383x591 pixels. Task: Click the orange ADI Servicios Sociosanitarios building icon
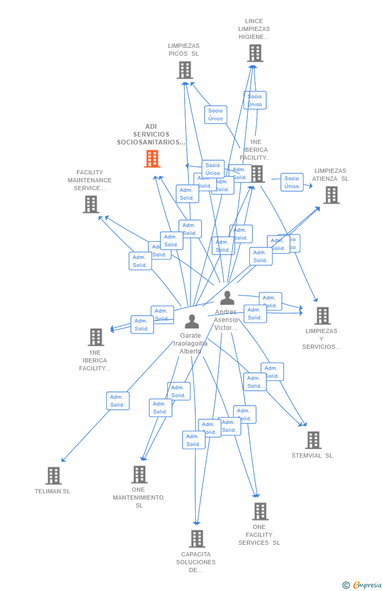(x=152, y=159)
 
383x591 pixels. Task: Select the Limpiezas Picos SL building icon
(x=185, y=70)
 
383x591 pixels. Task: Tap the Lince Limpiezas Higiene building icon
(x=255, y=53)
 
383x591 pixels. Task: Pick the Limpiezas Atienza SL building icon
(x=331, y=195)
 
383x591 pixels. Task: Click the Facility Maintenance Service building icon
(x=91, y=204)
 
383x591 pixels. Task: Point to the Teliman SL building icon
(x=54, y=475)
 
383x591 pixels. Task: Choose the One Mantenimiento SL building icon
(x=139, y=474)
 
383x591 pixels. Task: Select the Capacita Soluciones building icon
(x=197, y=538)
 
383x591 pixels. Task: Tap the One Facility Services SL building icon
(x=260, y=511)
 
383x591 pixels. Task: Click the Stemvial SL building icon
(x=313, y=440)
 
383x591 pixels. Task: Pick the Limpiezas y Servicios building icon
(x=322, y=316)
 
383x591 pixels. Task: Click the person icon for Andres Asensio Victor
(x=227, y=298)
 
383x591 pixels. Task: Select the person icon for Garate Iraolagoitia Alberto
(x=192, y=322)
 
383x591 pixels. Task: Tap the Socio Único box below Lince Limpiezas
(x=255, y=100)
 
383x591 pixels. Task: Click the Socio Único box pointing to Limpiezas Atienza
(x=292, y=182)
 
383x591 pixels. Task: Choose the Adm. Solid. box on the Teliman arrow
(x=118, y=401)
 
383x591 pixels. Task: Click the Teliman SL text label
(x=53, y=491)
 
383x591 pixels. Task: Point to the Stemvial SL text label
(x=312, y=455)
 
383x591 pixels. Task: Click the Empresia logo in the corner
(x=363, y=585)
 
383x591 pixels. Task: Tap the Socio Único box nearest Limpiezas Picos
(x=216, y=115)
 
